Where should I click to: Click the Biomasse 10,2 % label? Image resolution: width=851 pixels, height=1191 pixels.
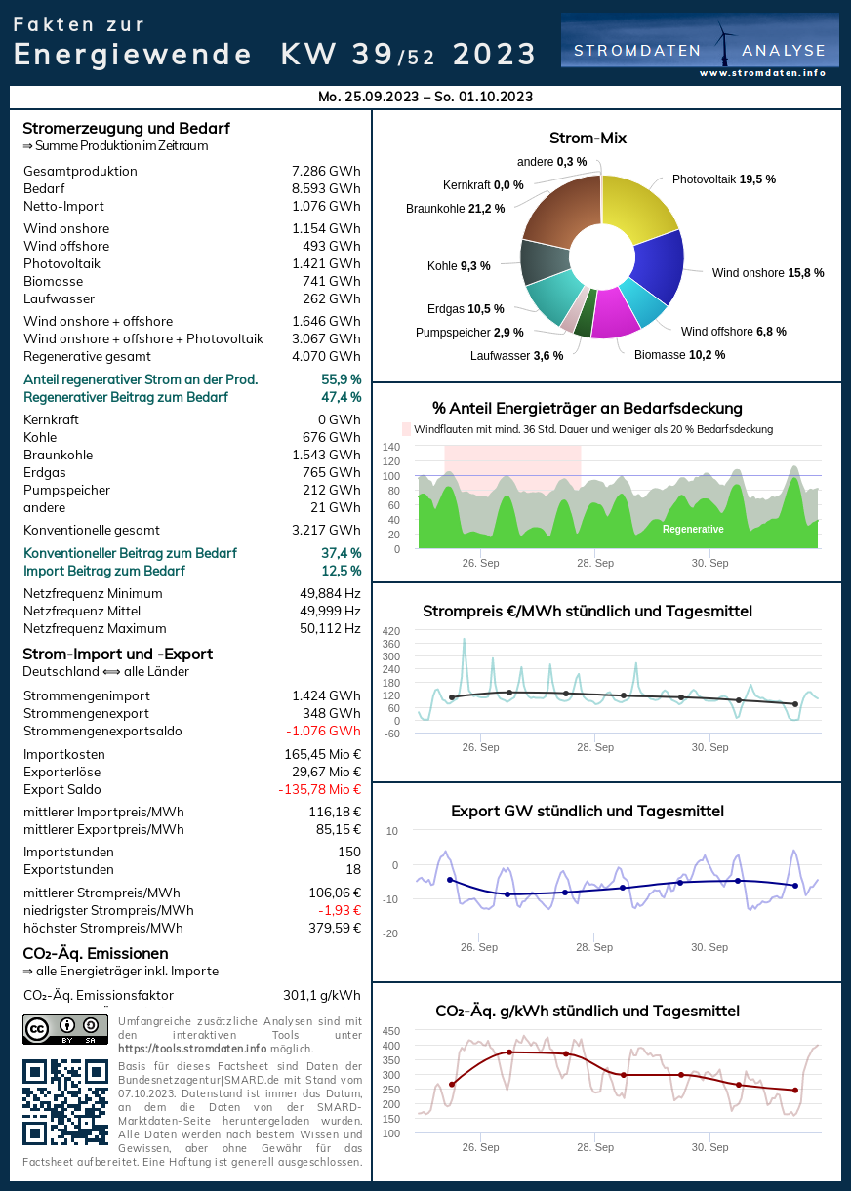click(x=679, y=355)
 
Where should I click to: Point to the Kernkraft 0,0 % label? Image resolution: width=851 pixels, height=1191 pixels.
click(x=483, y=184)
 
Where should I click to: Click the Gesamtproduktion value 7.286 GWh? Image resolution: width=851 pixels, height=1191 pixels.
click(x=326, y=172)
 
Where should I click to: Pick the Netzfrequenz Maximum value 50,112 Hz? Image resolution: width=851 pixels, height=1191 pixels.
click(x=330, y=629)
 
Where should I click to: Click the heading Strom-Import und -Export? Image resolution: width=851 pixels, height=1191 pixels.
click(x=117, y=654)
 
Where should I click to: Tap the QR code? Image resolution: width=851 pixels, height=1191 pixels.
click(x=65, y=1101)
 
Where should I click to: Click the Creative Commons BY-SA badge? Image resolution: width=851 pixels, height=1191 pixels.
click(x=65, y=1030)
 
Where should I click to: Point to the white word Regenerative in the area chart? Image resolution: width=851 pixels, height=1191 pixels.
click(x=693, y=529)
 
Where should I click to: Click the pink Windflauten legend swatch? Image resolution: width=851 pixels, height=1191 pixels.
click(x=407, y=429)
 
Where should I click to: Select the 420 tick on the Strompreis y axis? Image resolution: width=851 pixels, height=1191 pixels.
click(x=390, y=631)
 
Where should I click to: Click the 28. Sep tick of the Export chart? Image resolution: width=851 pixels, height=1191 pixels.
click(x=594, y=947)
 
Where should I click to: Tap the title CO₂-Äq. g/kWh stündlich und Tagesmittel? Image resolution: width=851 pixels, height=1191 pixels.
click(x=588, y=1011)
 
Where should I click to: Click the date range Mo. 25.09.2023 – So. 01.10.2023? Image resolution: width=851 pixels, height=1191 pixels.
click(x=425, y=97)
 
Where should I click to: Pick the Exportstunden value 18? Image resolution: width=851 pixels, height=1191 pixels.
click(x=352, y=870)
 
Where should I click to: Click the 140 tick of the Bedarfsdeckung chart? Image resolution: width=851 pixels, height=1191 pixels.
click(x=390, y=447)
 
